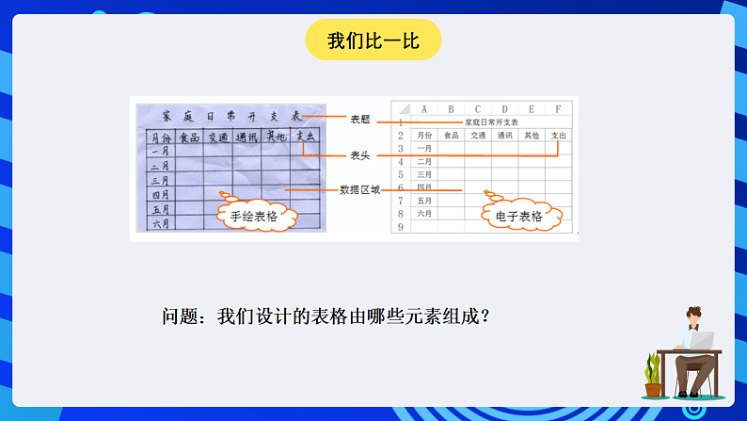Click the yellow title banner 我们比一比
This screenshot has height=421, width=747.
point(373,40)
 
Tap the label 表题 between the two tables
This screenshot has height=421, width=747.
point(360,120)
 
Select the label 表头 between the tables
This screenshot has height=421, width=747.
point(360,154)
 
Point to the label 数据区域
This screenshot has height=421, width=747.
point(360,189)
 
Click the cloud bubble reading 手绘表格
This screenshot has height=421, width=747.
point(256,216)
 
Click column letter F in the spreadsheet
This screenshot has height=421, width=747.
point(559,108)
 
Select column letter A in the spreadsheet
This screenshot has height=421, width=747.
point(424,108)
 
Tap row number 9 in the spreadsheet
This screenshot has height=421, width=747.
point(401,227)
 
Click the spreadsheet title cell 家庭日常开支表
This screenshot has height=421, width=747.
point(491,121)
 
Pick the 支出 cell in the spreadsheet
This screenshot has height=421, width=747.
point(559,135)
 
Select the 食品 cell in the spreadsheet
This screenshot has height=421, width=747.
point(451,135)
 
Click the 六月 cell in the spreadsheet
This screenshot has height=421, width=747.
point(424,214)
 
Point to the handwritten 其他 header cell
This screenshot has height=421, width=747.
point(276,138)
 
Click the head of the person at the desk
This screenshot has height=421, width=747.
point(694,316)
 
